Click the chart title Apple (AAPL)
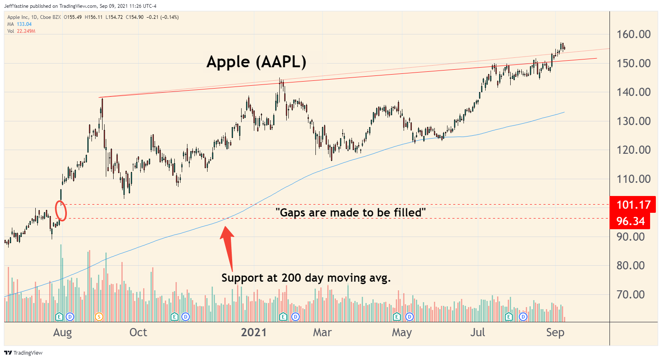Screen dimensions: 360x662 click(256, 62)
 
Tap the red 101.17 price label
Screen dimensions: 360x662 click(633, 205)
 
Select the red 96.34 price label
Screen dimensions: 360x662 click(630, 221)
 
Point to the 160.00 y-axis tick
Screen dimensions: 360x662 click(633, 34)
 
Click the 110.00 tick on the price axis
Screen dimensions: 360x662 click(633, 179)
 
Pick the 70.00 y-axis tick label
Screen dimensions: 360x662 click(630, 294)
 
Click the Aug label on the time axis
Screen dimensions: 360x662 click(62, 332)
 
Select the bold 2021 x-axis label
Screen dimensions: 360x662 click(253, 332)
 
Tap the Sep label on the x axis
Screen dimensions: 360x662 click(555, 332)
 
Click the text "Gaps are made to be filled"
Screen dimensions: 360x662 click(350, 212)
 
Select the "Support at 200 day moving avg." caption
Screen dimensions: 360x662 click(306, 278)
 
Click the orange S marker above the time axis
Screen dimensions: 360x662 click(99, 317)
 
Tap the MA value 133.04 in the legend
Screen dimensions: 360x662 click(24, 24)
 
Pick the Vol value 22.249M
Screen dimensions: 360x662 click(26, 31)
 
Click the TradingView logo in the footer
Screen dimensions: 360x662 click(23, 353)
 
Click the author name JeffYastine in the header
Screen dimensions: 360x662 click(16, 6)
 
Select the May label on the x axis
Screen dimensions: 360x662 click(401, 332)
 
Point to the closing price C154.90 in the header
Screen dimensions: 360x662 click(135, 17)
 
